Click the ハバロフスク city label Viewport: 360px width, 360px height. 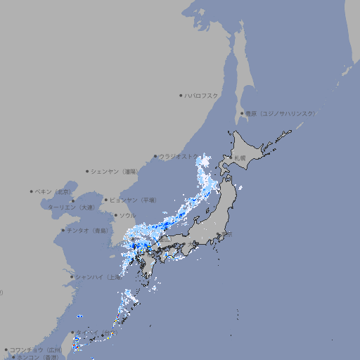coord(202,96)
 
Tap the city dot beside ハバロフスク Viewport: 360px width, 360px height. coord(181,96)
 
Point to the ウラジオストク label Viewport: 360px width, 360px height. coord(180,157)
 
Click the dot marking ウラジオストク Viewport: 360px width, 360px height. coord(155,157)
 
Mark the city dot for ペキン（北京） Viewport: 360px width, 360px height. coord(32,191)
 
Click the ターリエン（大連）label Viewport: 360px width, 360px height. coord(70,207)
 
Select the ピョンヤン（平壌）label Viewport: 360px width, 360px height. coord(133,200)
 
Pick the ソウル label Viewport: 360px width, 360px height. coord(127,215)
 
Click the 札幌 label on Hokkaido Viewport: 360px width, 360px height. coord(240,157)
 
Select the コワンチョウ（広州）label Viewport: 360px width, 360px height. coord(36,349)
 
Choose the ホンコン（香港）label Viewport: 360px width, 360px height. coord(35,357)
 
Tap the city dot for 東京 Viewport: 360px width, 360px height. coord(220,235)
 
